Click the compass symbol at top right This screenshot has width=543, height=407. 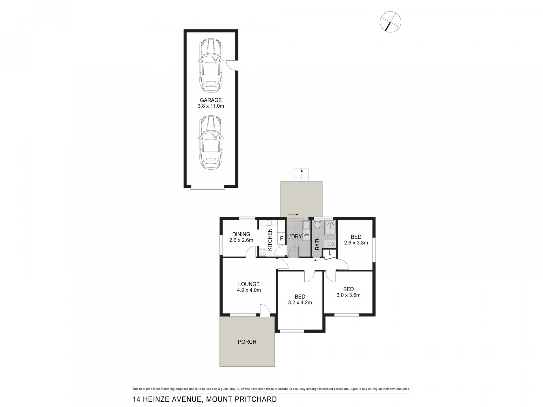point(391,22)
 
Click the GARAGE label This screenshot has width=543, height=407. point(211,100)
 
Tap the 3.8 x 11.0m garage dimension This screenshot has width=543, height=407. point(211,106)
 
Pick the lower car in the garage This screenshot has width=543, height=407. point(211,142)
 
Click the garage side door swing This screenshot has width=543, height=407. point(233,65)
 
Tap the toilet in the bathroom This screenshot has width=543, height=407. point(317,225)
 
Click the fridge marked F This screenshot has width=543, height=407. point(281,238)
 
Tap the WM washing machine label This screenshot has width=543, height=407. point(306,235)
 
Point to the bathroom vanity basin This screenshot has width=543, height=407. point(330,244)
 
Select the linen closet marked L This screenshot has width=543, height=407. point(330,253)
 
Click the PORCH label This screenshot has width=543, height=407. point(247,342)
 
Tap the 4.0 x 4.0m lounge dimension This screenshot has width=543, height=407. point(249,290)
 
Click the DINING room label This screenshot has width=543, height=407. point(241,234)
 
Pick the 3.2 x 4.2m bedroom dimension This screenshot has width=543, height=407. point(300,303)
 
